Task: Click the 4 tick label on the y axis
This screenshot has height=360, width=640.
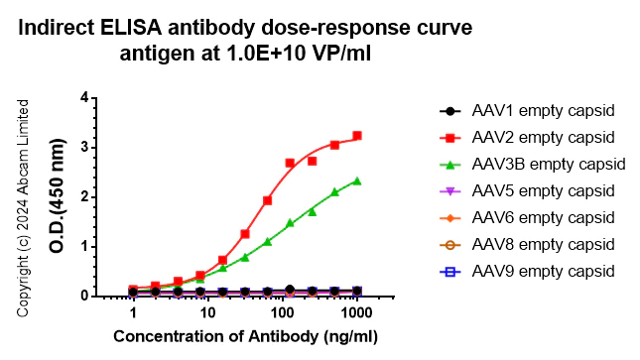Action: coord(85,97)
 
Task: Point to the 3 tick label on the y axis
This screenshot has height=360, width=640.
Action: coord(85,147)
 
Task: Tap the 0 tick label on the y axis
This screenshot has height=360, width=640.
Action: coord(85,296)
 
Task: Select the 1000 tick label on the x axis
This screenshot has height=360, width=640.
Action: coord(357,313)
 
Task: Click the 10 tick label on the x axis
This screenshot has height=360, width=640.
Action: coord(207,313)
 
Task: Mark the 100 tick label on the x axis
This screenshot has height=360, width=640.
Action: coord(282,313)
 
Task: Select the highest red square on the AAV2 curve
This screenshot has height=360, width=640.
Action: coord(357,136)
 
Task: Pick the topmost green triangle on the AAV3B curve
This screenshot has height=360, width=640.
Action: coord(357,180)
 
